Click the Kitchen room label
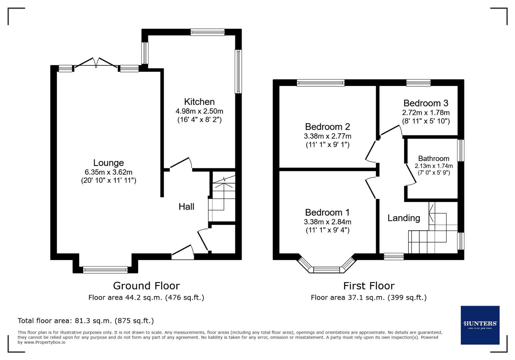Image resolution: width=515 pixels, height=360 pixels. (199, 102)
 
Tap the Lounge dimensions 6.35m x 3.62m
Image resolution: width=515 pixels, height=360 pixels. (108, 172)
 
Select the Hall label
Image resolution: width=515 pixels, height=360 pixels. (186, 207)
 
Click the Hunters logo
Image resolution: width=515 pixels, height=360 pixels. (480, 325)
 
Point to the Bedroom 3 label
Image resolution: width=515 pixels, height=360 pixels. (426, 103)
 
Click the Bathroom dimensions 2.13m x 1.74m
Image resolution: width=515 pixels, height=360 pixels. (434, 166)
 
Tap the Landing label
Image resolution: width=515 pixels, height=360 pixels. (404, 218)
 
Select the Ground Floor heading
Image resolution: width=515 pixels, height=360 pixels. (146, 286)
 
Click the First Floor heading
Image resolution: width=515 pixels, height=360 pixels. (369, 286)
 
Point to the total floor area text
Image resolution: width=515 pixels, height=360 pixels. (86, 321)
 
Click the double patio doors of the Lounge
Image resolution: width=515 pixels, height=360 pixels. (96, 63)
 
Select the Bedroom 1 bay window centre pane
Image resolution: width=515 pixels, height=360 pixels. (326, 270)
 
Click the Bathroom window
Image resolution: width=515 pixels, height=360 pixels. (461, 150)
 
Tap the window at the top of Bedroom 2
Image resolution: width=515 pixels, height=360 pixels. (321, 83)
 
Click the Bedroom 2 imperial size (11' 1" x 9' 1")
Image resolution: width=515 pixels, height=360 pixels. (327, 145)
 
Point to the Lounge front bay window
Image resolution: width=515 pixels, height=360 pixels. (105, 270)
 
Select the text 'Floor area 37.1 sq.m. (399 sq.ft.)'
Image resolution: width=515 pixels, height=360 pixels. (369, 297)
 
